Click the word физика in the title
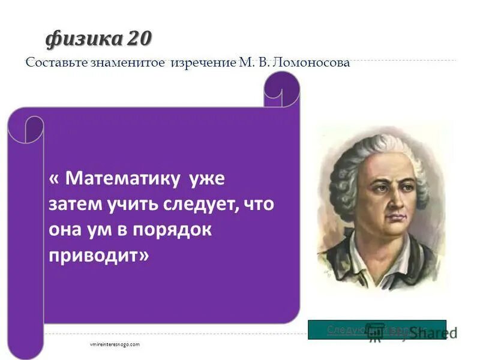(83, 38)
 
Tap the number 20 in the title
(139, 38)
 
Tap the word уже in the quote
(206, 178)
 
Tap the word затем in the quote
(71, 205)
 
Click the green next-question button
(377, 329)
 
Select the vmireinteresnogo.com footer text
(114, 344)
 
